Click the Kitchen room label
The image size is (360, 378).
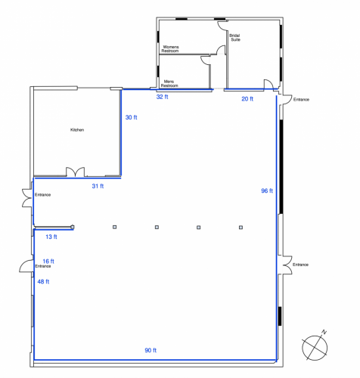point(77,130)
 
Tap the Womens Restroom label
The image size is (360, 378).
point(171,49)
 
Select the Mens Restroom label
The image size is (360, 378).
point(169,83)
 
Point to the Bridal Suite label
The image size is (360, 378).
point(234,37)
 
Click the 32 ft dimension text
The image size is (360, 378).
point(162,98)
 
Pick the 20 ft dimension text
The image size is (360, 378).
point(247,98)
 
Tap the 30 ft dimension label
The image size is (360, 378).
point(132,117)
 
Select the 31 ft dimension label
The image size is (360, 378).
point(97,186)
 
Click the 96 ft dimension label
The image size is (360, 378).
point(266,191)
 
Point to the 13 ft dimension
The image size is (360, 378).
point(51,237)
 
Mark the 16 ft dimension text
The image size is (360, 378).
point(48,261)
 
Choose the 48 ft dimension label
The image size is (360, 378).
point(43,281)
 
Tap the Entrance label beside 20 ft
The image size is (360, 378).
point(301,99)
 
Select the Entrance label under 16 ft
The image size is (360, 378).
point(42,266)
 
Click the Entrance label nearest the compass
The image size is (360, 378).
point(301,265)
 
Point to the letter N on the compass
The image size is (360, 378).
point(324,333)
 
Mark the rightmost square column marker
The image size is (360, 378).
point(241,227)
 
